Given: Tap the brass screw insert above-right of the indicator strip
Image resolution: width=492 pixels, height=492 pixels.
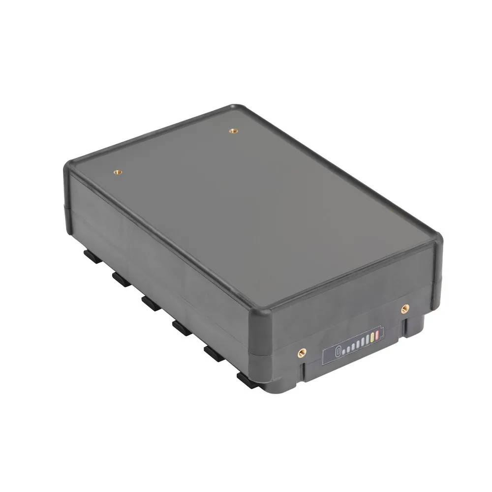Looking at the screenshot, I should tap(404, 308).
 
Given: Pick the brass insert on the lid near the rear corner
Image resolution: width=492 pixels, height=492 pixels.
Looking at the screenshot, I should tap(233, 130).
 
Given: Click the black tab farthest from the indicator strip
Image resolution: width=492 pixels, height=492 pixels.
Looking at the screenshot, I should tap(90, 255).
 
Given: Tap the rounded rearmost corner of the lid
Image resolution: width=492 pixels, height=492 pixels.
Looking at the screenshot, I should tap(236, 107).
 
